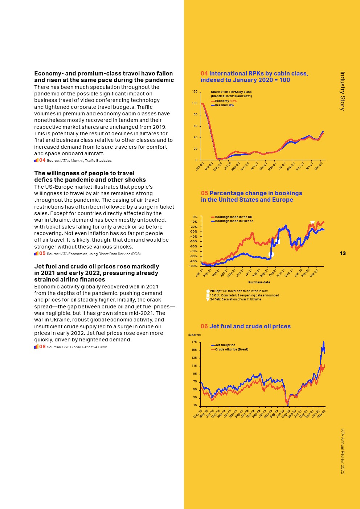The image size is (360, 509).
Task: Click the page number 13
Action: click(343, 253)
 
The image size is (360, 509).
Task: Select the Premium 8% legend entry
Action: click(224, 105)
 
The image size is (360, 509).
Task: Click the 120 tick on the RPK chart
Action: click(195, 91)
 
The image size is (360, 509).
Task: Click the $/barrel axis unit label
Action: click(195, 335)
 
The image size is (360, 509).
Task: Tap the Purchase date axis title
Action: click(259, 282)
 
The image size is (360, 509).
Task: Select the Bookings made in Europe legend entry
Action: click(234, 221)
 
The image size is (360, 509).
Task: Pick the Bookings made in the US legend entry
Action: click(233, 217)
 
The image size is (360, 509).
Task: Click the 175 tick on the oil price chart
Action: click(194, 342)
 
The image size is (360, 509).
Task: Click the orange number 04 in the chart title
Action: click(204, 73)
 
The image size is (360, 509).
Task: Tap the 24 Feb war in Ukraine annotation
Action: click(236, 299)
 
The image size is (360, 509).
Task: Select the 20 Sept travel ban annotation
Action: click(239, 291)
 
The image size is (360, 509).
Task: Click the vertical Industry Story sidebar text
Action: click(342, 91)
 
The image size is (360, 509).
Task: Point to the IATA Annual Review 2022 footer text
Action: click(342, 451)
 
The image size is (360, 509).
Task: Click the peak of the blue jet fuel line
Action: click(324, 342)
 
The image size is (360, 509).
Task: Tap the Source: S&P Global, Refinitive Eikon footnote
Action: click(77, 347)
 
